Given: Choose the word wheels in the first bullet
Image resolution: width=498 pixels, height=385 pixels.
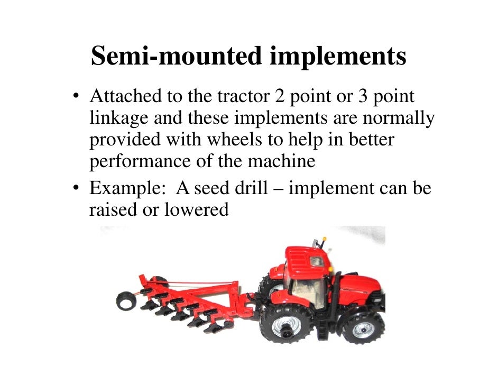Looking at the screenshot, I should [235, 140].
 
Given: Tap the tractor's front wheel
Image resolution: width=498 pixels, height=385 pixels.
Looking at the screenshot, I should [363, 328].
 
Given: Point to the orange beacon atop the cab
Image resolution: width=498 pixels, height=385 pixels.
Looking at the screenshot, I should [324, 240].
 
